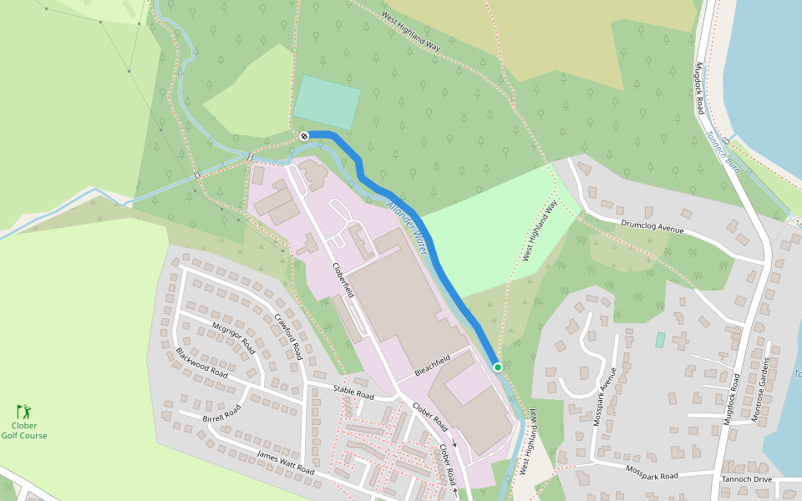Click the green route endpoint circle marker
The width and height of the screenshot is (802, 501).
click(498, 367)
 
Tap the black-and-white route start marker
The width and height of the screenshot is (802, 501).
click(304, 136)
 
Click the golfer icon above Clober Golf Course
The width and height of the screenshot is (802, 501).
click(23, 412)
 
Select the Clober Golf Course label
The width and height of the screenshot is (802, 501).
click(23, 430)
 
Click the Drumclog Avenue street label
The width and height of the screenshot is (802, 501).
click(652, 227)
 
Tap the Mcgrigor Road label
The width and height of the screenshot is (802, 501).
click(232, 336)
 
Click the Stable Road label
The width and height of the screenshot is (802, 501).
click(353, 392)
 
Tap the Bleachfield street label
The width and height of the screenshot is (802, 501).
click(433, 364)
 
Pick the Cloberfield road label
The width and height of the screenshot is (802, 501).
click(343, 281)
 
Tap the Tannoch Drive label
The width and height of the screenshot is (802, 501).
click(746, 478)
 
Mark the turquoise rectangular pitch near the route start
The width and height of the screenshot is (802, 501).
click(327, 102)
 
